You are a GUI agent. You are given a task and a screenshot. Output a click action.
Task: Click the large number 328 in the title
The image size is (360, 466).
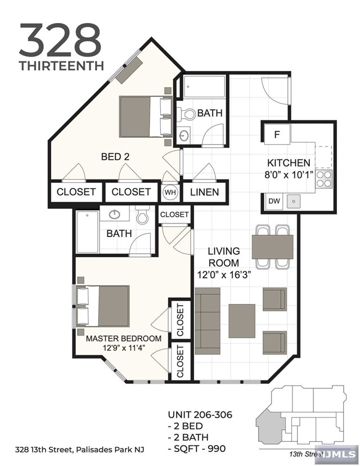(x=61, y=39)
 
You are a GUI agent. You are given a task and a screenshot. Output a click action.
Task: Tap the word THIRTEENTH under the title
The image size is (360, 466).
(x=61, y=66)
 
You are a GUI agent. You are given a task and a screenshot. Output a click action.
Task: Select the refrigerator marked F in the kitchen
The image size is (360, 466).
(x=277, y=135)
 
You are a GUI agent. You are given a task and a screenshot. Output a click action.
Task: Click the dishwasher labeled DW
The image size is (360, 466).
(x=274, y=201)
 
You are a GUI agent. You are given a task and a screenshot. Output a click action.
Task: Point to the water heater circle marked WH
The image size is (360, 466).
(x=169, y=192)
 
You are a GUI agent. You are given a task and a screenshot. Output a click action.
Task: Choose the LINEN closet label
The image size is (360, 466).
(x=204, y=192)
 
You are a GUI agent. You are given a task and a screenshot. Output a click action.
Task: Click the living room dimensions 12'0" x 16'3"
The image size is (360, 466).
(x=223, y=275)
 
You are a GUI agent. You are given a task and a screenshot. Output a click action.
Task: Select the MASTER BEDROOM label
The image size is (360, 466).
(x=123, y=339)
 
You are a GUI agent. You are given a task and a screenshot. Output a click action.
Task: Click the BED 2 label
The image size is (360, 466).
(x=115, y=157)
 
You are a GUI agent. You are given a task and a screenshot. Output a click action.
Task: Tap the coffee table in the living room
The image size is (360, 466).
(x=242, y=320)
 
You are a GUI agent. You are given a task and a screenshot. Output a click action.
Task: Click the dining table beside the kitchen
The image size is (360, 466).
(x=272, y=247)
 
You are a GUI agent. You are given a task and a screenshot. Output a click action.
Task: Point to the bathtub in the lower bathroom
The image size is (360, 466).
(x=87, y=232)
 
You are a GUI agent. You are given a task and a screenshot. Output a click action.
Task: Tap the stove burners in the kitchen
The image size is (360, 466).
(x=323, y=179)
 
